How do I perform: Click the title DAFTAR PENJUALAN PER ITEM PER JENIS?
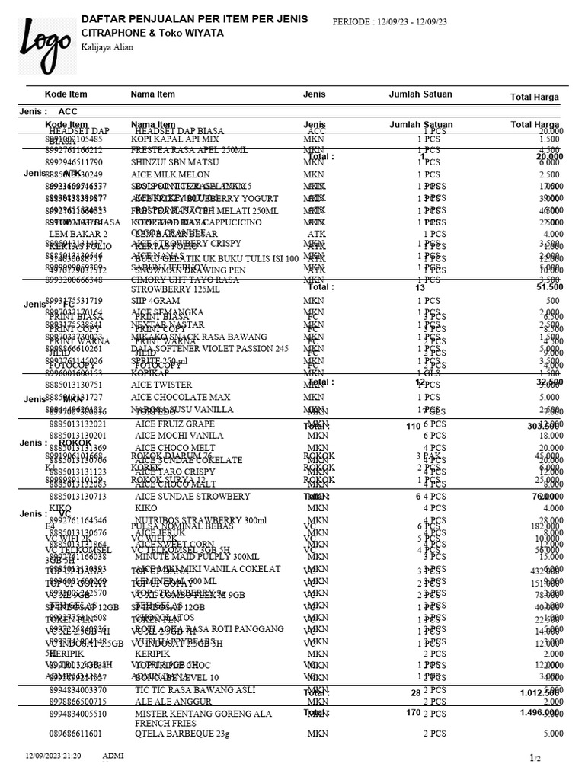[194, 18]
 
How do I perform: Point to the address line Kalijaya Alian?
[107, 47]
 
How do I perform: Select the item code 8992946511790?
[75, 162]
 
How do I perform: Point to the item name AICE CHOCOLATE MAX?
[181, 397]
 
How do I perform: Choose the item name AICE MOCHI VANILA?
[179, 435]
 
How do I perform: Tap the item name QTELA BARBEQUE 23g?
[181, 734]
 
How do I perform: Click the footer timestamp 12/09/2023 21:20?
[53, 755]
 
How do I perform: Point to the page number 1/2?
[535, 758]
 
